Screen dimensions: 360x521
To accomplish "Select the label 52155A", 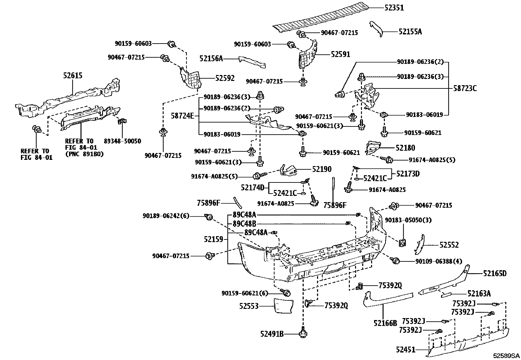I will [x=410, y=32].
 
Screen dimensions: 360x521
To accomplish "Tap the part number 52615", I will [x=73, y=76].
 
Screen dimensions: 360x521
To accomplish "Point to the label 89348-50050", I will [x=122, y=141].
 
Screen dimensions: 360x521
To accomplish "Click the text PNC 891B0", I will [x=84, y=154].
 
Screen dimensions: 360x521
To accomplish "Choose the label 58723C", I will [x=465, y=88].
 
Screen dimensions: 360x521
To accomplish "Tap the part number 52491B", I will [x=272, y=334].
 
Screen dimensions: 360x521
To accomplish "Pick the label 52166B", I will [x=385, y=323].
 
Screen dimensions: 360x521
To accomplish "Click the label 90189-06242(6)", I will [x=166, y=216].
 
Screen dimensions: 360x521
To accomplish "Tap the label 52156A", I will [x=211, y=59].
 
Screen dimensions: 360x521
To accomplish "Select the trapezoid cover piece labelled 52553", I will [x=283, y=306].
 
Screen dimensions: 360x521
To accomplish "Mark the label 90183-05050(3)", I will [x=408, y=220].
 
